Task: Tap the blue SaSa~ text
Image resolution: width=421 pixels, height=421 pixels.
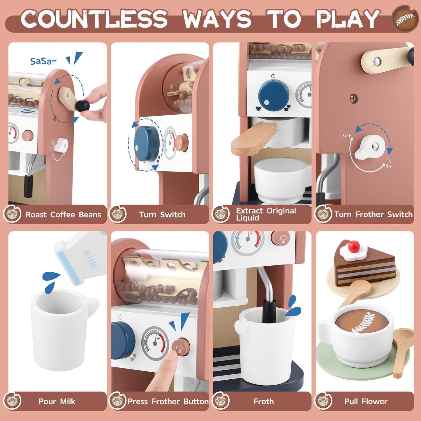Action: coord(43,61)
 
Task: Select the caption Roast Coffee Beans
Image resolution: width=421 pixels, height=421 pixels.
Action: coord(63,215)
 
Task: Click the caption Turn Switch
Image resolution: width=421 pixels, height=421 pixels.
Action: coord(162,215)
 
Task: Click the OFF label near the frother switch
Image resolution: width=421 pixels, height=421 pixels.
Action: coord(347,135)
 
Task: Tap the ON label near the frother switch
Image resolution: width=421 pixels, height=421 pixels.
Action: coord(388,167)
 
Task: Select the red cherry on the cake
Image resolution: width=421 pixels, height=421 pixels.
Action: coord(353,246)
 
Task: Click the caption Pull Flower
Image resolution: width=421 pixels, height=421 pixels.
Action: coord(366,401)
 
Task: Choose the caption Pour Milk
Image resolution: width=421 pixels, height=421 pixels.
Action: coord(57,401)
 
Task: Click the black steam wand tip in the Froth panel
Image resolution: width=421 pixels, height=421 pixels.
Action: coord(269,312)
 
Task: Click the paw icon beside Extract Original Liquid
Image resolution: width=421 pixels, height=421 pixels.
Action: coord(221,214)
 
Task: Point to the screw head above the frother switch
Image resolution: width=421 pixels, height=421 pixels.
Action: coord(353,98)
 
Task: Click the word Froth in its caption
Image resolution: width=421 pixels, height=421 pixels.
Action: coord(263,401)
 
